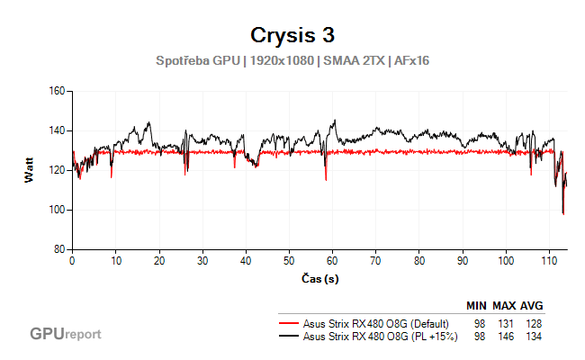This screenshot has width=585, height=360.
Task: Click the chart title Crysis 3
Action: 292,35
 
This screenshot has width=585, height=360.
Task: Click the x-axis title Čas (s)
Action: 319,278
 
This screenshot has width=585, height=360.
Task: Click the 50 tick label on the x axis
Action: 289,260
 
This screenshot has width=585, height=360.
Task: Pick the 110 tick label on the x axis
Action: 550,260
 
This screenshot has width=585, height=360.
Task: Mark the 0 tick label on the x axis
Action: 72,260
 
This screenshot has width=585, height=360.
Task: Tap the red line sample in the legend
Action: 288,323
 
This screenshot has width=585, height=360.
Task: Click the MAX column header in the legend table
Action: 505,305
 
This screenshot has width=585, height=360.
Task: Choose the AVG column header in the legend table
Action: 532,305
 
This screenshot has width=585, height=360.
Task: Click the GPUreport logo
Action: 65,334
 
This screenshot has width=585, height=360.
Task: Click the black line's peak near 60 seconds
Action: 334,121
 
